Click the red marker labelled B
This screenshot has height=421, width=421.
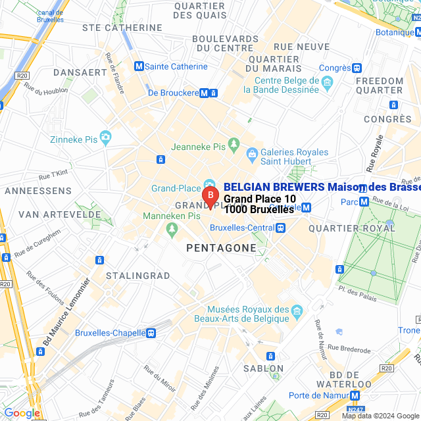click(210, 196)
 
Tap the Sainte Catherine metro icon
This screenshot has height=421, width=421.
click(138, 66)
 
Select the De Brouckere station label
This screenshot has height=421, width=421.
click(173, 93)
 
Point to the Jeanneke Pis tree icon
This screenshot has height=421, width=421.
click(233, 143)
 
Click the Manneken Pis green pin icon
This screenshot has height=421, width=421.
click(172, 229)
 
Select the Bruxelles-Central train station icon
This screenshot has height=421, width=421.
click(281, 228)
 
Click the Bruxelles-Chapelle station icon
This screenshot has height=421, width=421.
click(151, 333)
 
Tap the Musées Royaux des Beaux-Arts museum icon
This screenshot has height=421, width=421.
click(297, 309)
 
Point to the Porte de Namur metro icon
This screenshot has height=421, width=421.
click(355, 395)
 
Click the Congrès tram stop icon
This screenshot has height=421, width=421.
click(357, 68)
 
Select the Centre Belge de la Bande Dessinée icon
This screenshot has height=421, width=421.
click(327, 82)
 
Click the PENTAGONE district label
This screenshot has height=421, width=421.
click(221, 247)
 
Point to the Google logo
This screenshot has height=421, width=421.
click(22, 413)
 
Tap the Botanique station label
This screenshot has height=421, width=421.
click(394, 30)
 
